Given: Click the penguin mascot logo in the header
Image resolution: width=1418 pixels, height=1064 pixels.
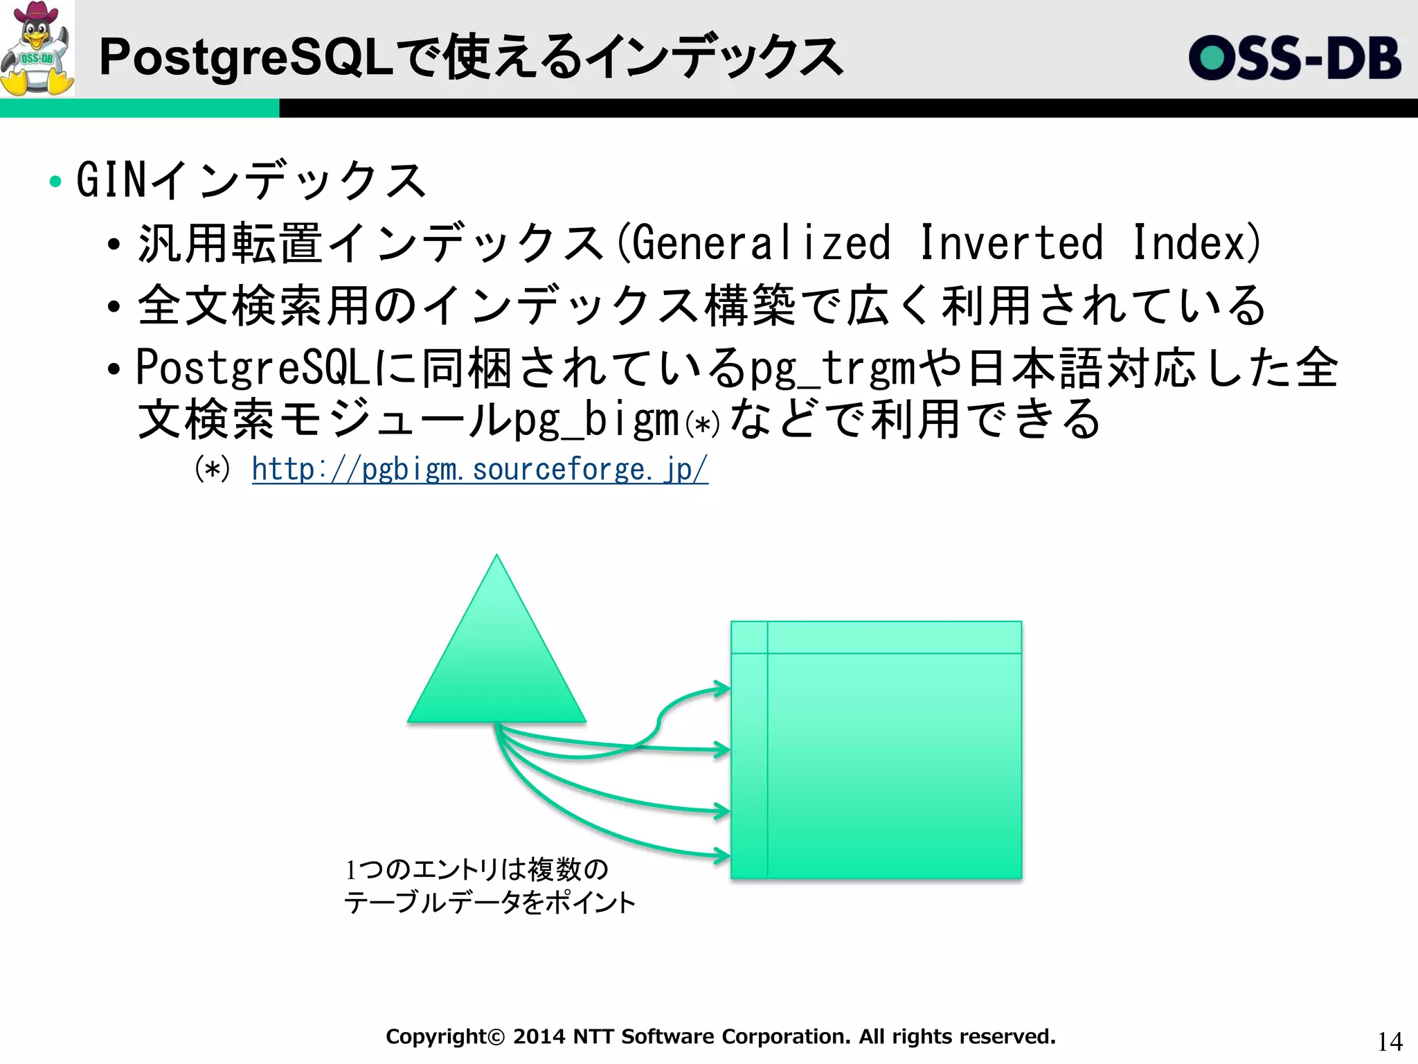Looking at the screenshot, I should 37,48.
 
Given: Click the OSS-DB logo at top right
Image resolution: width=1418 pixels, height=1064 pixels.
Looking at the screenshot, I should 1295,58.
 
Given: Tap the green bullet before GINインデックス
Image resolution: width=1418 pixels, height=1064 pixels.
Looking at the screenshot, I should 55,182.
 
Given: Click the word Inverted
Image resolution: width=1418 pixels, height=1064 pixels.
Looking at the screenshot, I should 1012,243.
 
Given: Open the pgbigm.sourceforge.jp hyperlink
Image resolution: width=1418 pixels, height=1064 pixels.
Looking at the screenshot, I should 479,470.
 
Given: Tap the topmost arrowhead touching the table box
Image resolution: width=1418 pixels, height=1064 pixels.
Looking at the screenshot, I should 723,689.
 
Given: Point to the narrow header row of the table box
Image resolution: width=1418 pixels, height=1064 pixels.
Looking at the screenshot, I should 893,637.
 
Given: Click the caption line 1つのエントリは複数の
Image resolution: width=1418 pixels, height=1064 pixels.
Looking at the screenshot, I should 477,869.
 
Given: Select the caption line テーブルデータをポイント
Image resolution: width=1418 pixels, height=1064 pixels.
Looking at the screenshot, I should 490,903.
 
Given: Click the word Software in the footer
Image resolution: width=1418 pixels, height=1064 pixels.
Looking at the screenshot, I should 667,1036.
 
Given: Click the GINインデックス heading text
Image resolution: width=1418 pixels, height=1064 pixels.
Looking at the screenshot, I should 251,180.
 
